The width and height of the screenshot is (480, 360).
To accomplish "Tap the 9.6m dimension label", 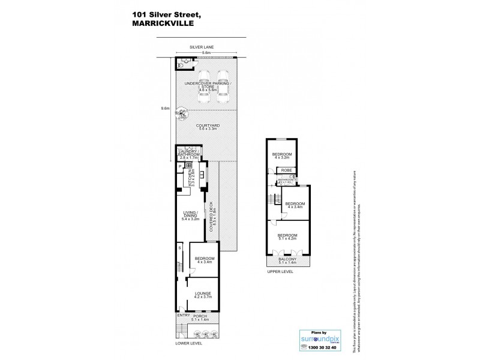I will coord(166,109).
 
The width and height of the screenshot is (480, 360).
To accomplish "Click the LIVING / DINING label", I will coord(190,217).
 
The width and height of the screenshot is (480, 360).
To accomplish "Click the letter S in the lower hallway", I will coord(179,248).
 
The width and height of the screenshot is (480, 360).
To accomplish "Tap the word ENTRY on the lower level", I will coord(182,315).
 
